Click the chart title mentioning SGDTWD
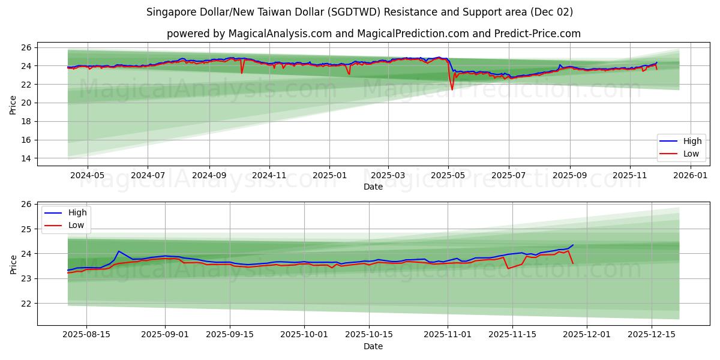(359, 12)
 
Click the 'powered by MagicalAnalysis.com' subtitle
(373, 34)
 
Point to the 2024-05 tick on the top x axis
(88, 176)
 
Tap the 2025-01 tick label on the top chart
(329, 176)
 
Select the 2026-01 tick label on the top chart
(691, 176)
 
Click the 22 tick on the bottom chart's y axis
(27, 304)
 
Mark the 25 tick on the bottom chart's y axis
(27, 229)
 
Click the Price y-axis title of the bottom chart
(13, 264)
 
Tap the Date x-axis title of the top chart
(373, 187)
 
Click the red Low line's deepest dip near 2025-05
(452, 90)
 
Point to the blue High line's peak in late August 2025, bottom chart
(119, 251)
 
